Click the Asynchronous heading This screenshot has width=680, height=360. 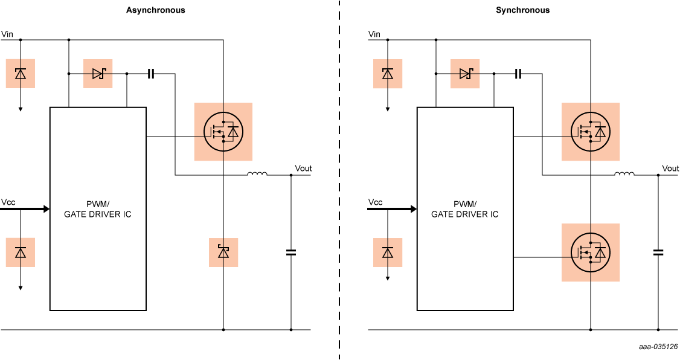[155, 10]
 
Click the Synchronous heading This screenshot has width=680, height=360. [522, 10]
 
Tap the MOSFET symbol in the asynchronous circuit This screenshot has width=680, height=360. [223, 132]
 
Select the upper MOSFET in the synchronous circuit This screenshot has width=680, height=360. [590, 132]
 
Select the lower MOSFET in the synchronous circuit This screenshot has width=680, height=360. [590, 252]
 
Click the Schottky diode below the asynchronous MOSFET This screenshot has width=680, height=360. [223, 252]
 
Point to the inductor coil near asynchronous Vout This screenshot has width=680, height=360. [257, 175]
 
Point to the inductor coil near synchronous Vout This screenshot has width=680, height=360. [624, 175]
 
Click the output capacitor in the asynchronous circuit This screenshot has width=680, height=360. [291, 252]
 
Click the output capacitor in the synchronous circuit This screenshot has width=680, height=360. [658, 252]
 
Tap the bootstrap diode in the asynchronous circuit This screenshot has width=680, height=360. [98, 74]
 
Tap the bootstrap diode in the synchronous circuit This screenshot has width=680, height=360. [465, 74]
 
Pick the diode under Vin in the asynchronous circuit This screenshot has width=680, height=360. [21, 74]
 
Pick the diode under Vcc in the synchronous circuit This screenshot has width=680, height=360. [388, 252]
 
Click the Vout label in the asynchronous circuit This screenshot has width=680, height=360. [303, 168]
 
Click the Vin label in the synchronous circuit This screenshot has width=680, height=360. [374, 34]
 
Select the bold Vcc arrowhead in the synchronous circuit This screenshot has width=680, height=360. [413, 209]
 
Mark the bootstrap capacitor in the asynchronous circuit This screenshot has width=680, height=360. [151, 74]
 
